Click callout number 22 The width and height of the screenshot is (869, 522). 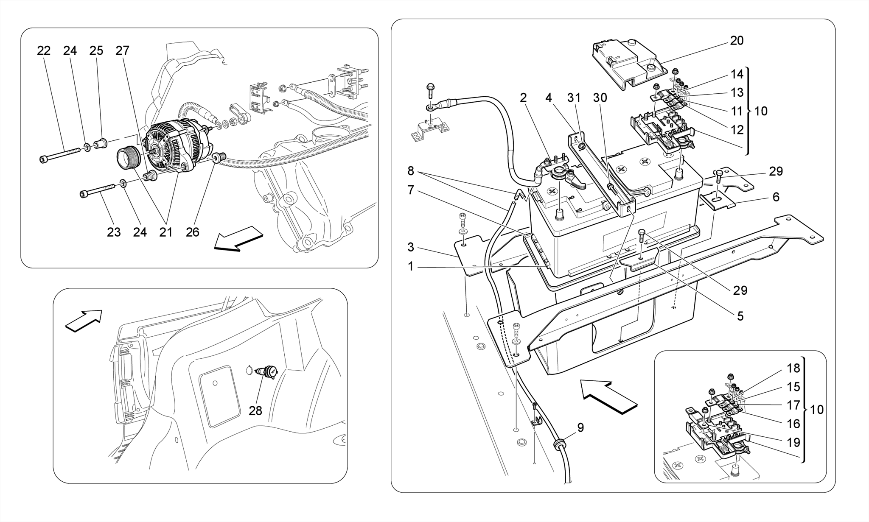click(44, 51)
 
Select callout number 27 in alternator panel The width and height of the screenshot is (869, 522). click(122, 51)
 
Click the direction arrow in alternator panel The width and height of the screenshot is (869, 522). click(238, 239)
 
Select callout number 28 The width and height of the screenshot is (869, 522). click(255, 410)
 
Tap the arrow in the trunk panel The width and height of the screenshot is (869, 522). click(84, 320)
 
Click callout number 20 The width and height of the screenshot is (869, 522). click(737, 41)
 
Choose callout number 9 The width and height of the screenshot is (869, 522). click(580, 427)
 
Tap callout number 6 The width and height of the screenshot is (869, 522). click(776, 197)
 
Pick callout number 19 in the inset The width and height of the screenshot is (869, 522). click(793, 442)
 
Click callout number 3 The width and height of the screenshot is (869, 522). click(410, 247)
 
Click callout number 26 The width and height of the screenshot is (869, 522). click(192, 232)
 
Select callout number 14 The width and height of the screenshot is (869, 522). click(737, 74)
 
